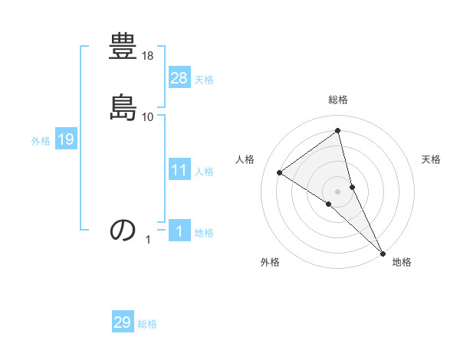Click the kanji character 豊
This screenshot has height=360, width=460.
click(123, 47)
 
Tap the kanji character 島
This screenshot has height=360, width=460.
click(123, 107)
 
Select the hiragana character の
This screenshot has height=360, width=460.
click(123, 230)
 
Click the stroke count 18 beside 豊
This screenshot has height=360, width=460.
click(149, 56)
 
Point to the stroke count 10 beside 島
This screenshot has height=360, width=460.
click(148, 116)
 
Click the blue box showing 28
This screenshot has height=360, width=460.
click(179, 77)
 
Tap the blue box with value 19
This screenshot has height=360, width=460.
click(66, 139)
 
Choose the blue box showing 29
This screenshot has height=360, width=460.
click(123, 322)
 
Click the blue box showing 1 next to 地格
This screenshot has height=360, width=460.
click(179, 231)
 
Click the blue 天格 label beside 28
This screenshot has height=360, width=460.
click(204, 80)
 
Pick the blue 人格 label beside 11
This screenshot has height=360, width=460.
click(204, 172)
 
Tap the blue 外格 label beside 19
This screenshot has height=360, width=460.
click(41, 141)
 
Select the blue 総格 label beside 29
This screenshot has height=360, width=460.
click(147, 325)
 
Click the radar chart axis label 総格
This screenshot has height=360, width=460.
click(338, 100)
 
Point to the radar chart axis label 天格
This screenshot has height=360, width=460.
click(431, 159)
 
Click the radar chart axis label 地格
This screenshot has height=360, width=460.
click(402, 262)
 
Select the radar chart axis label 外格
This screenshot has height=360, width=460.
click(270, 262)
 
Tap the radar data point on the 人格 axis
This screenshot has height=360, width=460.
click(280, 172)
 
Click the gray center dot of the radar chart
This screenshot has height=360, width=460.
click(338, 191)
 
